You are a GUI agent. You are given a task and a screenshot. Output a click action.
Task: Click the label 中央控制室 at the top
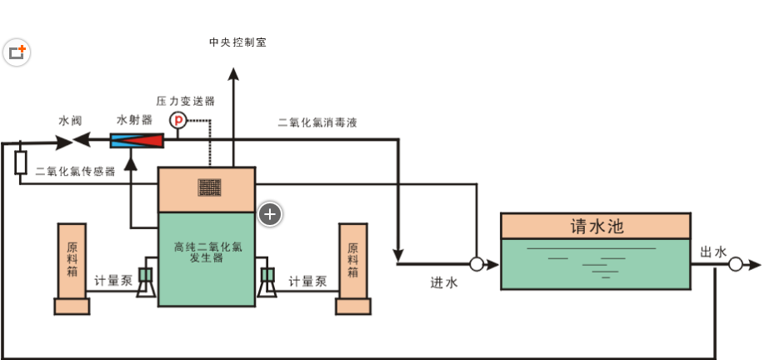click(237, 42)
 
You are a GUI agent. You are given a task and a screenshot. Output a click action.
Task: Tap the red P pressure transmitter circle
click(177, 121)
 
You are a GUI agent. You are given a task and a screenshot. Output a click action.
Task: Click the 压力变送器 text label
click(185, 101)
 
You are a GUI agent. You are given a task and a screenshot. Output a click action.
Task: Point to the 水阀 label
click(70, 121)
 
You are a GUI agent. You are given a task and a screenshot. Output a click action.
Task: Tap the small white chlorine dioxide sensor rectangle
click(21, 162)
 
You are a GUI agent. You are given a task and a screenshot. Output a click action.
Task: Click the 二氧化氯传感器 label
click(76, 172)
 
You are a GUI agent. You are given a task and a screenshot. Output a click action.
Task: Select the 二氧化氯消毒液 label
click(317, 122)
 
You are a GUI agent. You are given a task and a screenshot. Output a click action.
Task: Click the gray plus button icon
click(270, 214)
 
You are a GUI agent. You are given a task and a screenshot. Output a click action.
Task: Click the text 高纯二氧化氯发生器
click(207, 252)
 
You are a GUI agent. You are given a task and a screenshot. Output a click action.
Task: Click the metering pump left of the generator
click(147, 281)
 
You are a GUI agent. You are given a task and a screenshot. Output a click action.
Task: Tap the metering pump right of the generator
click(268, 281)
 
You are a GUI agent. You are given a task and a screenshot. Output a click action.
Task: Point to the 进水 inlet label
click(444, 282)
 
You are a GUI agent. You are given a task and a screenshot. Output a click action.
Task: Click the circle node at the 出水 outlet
click(735, 264)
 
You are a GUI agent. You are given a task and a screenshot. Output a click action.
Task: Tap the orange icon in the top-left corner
click(17, 53)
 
